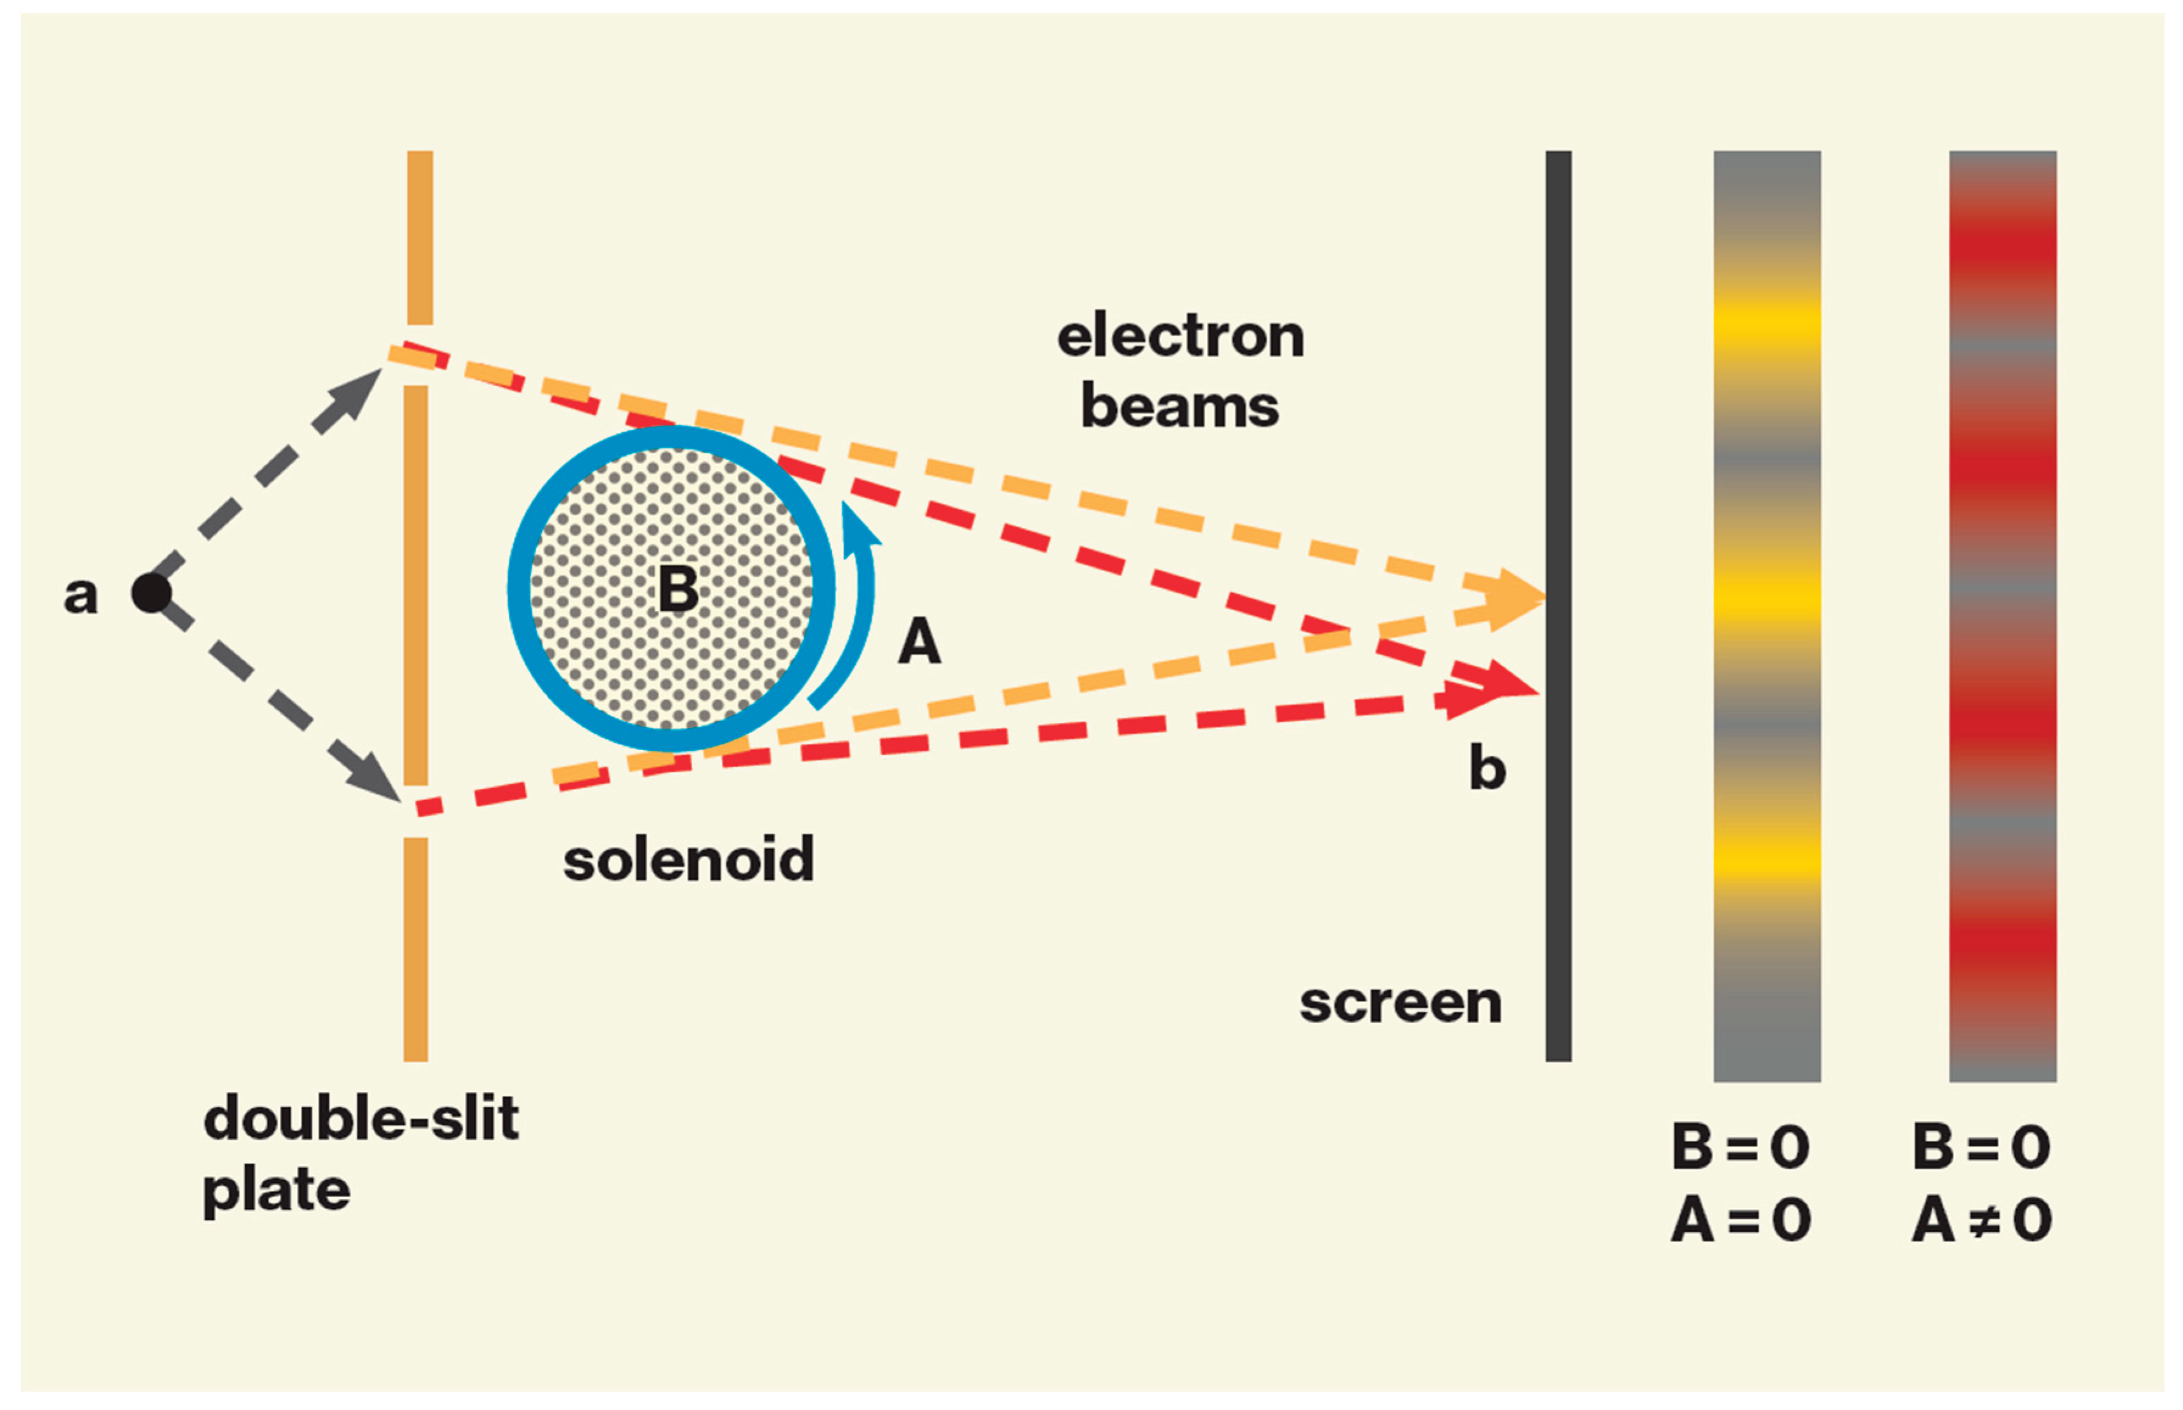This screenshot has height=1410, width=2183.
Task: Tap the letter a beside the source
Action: pyautogui.click(x=80, y=595)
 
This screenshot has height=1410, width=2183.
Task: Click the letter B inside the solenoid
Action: pyautogui.click(x=678, y=589)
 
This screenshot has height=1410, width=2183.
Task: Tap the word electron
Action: pyautogui.click(x=1180, y=336)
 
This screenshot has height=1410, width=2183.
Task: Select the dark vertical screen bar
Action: pyautogui.click(x=1558, y=605)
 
